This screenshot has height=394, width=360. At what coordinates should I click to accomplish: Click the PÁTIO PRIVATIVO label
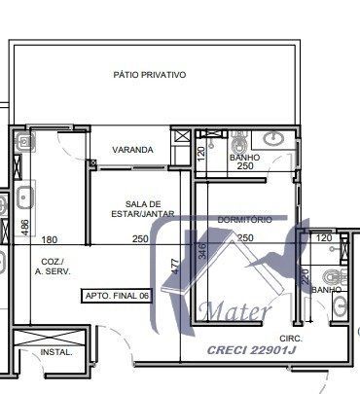[x=149, y=75]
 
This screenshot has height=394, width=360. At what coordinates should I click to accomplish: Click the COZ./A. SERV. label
[x=55, y=268]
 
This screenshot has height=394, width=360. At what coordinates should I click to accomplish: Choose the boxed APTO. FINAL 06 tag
[x=118, y=294]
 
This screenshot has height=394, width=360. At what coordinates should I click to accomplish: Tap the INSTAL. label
[x=56, y=352]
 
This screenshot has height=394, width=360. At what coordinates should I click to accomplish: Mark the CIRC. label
[x=292, y=339]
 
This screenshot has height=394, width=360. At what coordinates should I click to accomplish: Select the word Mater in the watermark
[x=232, y=312]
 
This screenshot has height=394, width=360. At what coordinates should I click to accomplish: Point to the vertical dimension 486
[x=25, y=228]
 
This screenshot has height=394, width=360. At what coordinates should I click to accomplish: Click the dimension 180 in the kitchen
[x=50, y=239]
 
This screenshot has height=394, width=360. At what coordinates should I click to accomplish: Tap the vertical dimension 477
[x=175, y=265]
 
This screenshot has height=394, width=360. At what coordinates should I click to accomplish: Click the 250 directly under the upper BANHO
[x=243, y=167]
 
